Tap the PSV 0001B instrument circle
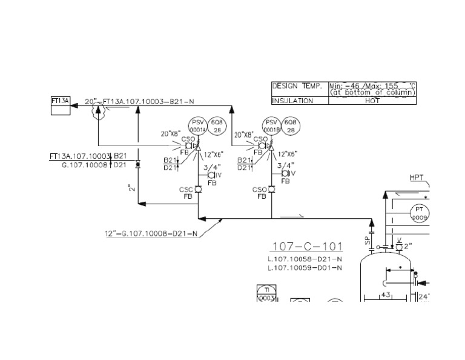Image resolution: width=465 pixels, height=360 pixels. point(271,127)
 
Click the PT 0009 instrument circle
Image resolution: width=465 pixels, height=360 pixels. point(419,212)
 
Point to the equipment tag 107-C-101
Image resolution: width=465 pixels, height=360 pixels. point(307,247)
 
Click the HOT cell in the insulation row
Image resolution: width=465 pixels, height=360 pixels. point(372,101)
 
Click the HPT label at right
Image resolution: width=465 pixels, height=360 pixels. point(417,178)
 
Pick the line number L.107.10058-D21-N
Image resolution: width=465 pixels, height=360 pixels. point(305,259)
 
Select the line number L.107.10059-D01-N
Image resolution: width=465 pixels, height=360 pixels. point(305,267)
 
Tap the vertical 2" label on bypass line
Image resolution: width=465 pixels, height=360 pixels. point(130,188)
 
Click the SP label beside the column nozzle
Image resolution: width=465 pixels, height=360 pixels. point(367,240)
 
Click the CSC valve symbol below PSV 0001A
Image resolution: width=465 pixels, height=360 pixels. point(197,190)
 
